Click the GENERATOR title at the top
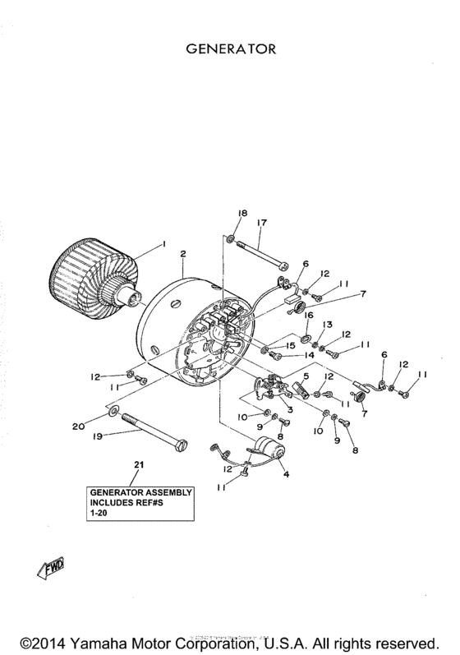tap(230, 49)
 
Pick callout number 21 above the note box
tap(139, 466)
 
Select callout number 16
tap(310, 315)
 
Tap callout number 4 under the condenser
tap(286, 474)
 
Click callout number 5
tap(306, 376)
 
